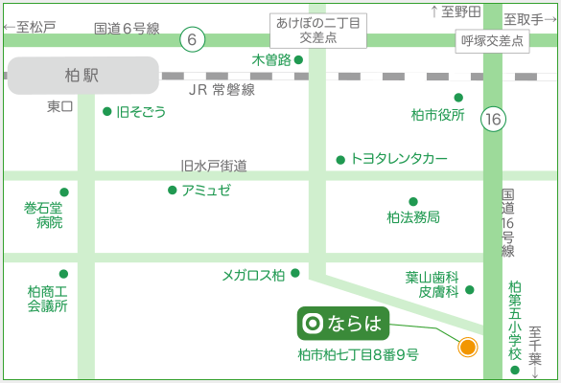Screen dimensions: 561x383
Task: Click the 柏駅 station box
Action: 83,76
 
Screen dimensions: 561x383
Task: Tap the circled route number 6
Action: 192,39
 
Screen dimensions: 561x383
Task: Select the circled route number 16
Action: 493,119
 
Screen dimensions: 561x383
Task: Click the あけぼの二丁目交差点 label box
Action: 318,31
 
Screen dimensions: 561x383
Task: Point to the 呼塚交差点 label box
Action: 492,41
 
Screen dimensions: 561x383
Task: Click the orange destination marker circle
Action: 468,347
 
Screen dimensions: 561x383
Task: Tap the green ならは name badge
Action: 343,324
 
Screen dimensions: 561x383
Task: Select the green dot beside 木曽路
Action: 298,59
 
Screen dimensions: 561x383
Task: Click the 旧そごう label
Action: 141,112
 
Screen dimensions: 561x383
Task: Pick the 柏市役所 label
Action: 438,115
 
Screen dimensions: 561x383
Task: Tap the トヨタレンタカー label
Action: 399,158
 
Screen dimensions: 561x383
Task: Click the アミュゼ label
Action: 206,191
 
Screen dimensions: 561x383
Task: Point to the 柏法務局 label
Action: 413,216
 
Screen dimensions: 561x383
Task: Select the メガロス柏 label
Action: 253,275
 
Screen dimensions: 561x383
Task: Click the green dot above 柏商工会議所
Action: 63,274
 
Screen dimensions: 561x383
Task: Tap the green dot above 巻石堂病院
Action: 64,192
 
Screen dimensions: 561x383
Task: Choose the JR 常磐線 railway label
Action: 222,90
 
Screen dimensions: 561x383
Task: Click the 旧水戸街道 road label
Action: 214,166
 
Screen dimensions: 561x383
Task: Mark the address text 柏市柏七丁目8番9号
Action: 358,355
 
